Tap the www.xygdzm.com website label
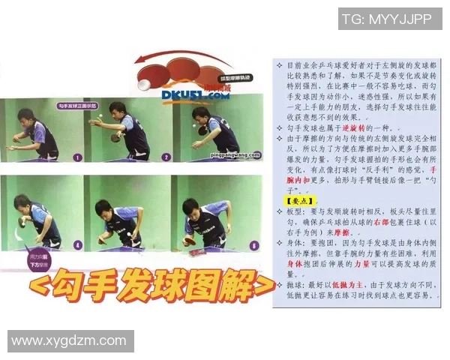(70, 341)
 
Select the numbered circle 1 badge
(78, 157)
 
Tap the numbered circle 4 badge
(78, 245)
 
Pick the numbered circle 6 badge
(254, 245)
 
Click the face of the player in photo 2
(120, 109)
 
